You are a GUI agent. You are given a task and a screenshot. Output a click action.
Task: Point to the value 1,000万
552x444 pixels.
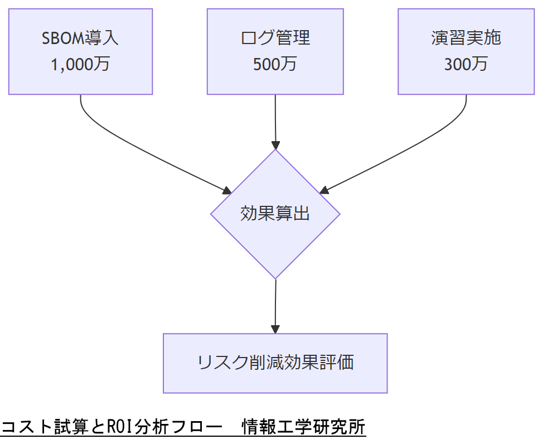(80, 64)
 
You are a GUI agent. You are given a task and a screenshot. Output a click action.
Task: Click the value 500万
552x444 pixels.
(275, 64)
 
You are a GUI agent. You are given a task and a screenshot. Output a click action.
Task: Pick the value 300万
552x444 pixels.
(466, 64)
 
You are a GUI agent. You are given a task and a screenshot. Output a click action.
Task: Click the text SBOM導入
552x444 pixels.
(80, 38)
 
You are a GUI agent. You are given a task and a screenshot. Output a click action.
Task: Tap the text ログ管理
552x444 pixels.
(275, 38)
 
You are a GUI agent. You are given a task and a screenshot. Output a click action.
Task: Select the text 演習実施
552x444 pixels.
(466, 38)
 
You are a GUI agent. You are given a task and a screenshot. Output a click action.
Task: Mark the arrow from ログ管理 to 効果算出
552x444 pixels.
(275, 120)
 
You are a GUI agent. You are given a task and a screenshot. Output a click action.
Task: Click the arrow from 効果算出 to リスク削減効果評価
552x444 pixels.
(275, 304)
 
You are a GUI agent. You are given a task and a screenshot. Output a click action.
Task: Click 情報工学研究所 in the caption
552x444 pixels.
(303, 427)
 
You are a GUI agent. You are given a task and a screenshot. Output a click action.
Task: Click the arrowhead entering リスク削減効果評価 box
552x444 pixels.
(275, 329)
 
